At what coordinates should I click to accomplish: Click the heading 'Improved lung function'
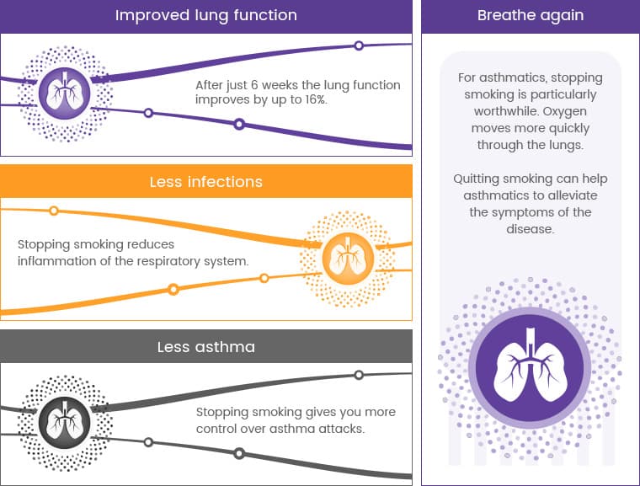point(206,15)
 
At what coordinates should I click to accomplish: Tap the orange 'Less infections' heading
point(206,182)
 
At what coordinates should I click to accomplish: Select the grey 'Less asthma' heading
point(206,347)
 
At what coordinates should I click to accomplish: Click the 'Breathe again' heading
point(531,15)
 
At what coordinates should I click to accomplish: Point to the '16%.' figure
point(316,99)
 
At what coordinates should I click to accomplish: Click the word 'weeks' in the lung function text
point(280,85)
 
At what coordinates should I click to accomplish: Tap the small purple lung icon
point(65,93)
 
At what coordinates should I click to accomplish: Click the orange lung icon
point(348,259)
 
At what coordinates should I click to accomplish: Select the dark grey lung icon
point(65,423)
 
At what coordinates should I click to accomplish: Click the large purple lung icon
point(531,367)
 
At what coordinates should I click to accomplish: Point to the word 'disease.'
point(531,229)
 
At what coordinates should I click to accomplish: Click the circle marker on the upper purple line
point(359,45)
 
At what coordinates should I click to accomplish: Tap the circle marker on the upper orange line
point(53,211)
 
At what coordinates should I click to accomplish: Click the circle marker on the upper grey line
point(359,375)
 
